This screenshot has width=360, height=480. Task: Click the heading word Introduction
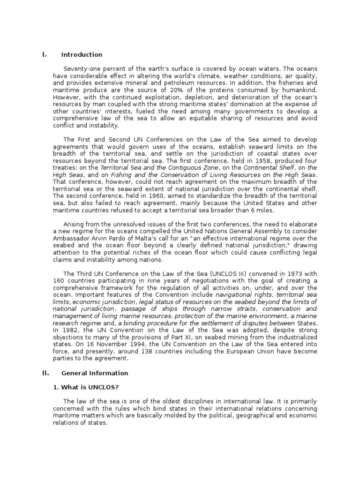(82, 55)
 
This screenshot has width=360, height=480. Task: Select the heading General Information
(95, 373)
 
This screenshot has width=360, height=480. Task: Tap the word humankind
(300, 90)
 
